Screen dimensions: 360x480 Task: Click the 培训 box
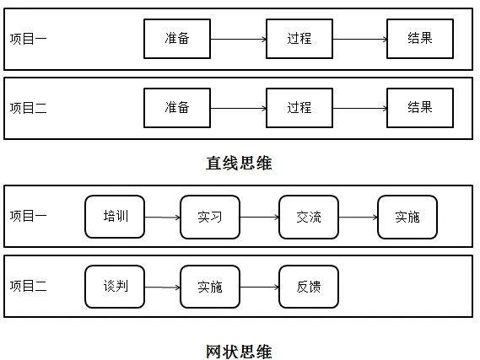[115, 217]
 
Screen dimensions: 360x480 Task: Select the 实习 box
[210, 217]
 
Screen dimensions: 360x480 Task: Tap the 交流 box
[309, 217]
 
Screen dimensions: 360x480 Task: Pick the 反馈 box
[309, 287]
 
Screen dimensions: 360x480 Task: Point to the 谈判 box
[115, 287]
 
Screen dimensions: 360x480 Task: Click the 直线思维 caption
[239, 163]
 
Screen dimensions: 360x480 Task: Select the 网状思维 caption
[239, 350]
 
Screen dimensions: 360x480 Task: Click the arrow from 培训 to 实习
[163, 217]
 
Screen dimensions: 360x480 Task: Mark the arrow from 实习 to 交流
[259, 217]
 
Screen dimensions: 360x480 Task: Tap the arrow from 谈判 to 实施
[163, 287]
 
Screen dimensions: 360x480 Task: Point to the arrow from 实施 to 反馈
[259, 287]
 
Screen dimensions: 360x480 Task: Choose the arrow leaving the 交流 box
[358, 217]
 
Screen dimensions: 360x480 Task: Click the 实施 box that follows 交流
[407, 217]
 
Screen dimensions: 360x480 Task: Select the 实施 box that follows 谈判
[210, 287]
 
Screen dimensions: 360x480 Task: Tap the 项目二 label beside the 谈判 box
[28, 286]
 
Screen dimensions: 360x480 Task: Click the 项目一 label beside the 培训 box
[28, 216]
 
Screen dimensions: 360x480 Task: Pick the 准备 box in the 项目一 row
[177, 39]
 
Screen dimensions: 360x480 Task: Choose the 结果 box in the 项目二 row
[420, 108]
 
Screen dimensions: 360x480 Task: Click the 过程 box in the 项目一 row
[299, 39]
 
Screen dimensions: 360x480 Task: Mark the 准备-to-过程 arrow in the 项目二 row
[238, 108]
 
